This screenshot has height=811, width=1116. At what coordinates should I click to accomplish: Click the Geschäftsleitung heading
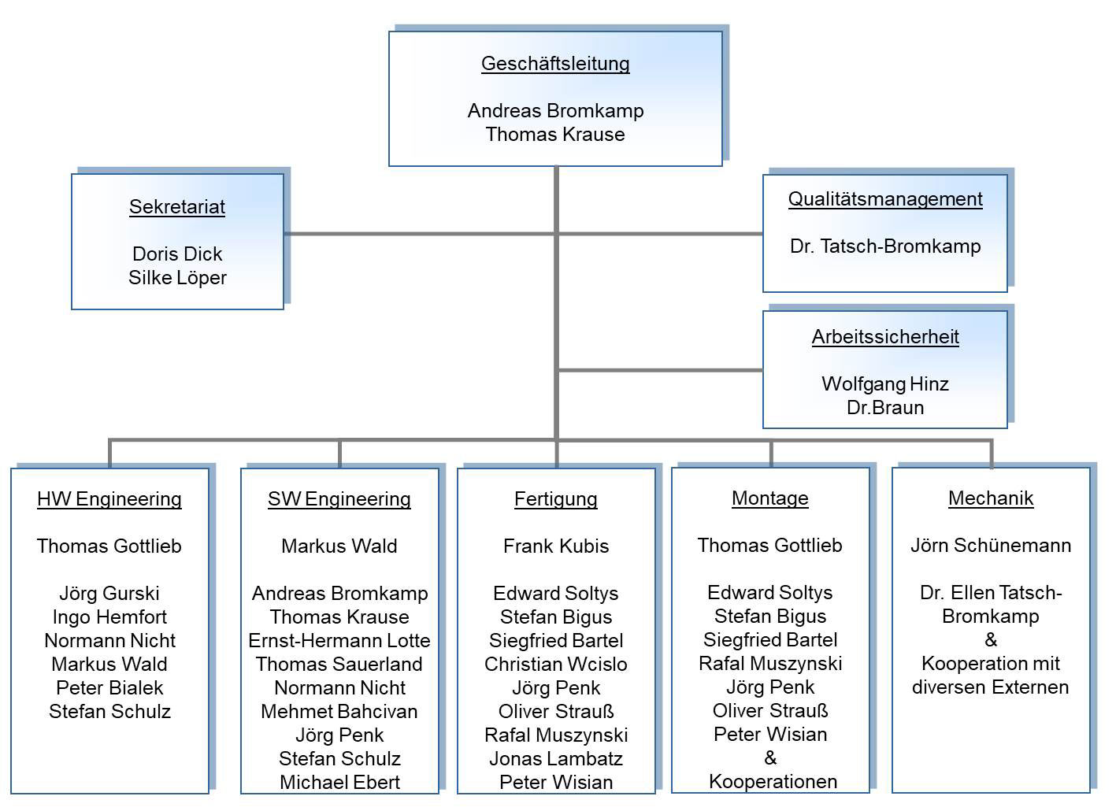point(555,64)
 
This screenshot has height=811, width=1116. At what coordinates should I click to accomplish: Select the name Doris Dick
point(177,254)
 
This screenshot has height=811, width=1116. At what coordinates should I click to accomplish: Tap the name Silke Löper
point(177,278)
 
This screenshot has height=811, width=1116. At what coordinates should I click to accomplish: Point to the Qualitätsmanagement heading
point(885,199)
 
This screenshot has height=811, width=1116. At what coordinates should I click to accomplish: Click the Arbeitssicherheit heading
point(885,337)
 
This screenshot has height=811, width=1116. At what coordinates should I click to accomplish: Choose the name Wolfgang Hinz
point(885,384)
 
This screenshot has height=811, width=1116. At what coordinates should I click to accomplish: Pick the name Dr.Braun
point(885,408)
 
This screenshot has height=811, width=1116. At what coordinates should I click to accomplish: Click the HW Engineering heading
point(109,499)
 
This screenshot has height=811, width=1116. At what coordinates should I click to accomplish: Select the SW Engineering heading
point(339,499)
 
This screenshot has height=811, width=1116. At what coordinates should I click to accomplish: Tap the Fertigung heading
point(556,499)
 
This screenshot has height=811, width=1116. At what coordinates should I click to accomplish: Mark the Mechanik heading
point(991,498)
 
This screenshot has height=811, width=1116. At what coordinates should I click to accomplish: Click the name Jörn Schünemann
point(991,546)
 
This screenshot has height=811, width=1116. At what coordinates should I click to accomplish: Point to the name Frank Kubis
point(556,546)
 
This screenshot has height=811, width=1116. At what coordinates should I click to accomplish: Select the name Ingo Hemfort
point(109,617)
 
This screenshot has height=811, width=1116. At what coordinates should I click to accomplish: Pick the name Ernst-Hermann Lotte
point(339,641)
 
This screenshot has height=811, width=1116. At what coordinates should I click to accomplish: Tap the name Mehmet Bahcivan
point(339,712)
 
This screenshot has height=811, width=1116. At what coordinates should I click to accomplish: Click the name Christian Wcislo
point(556,665)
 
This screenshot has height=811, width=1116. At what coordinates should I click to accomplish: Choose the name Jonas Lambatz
point(556,759)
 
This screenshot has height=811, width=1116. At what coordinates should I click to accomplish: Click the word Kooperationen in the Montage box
point(773,782)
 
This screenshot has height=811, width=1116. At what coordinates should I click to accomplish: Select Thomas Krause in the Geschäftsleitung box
point(555,135)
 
